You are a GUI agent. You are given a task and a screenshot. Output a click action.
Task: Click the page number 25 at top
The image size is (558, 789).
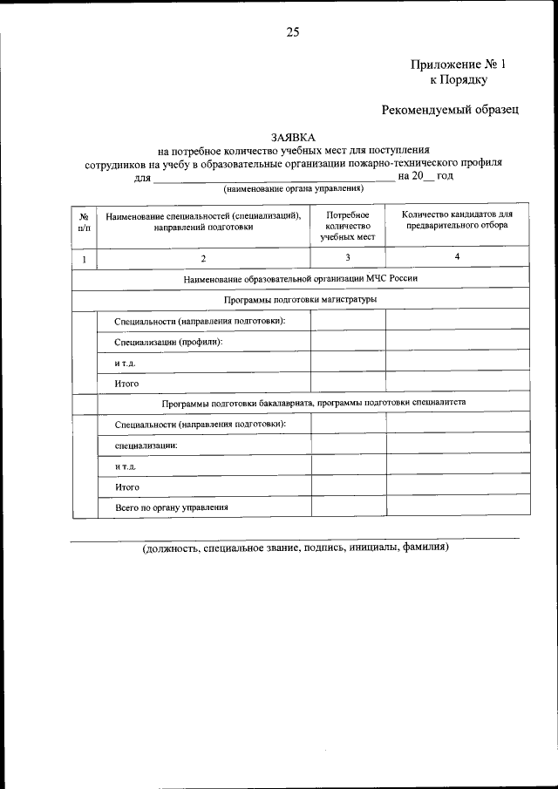292,32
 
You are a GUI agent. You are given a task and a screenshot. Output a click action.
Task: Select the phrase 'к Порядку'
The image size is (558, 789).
459,80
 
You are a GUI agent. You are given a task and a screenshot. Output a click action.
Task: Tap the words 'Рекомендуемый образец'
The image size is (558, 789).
450,110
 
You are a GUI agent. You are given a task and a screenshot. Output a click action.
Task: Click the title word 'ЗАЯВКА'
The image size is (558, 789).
294,138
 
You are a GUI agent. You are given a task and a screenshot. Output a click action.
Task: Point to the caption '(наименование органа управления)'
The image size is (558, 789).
294,188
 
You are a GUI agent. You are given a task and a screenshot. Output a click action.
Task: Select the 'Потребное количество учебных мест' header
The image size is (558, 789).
348,225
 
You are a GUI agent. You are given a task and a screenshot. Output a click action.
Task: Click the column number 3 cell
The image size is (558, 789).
348,257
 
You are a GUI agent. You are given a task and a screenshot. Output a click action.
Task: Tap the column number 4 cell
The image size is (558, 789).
457,256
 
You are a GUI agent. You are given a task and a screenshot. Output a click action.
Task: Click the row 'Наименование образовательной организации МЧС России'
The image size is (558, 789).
301,279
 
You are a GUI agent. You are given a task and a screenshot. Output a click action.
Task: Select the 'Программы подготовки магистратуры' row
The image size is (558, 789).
301,300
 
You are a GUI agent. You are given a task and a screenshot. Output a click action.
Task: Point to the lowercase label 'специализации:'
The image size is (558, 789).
146,446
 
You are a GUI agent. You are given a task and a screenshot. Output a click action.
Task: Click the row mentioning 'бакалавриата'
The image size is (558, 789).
313,404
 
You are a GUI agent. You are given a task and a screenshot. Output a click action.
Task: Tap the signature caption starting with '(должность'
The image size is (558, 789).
296,548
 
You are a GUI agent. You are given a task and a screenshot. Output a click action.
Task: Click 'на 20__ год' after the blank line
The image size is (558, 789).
425,175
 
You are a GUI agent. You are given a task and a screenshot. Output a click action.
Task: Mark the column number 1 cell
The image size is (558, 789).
84,258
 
